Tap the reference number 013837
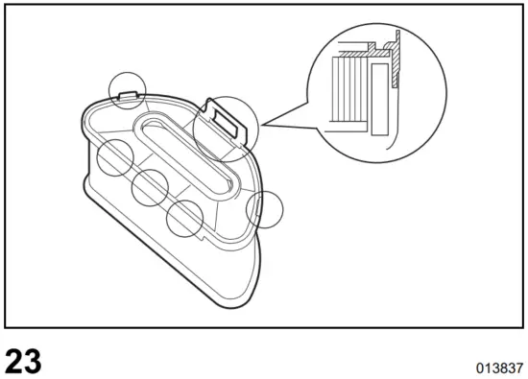click(498, 367)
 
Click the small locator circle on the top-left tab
click(128, 88)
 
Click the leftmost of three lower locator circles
click(114, 156)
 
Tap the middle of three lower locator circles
click(151, 187)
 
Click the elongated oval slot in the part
click(186, 154)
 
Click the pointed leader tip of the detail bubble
click(261, 126)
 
